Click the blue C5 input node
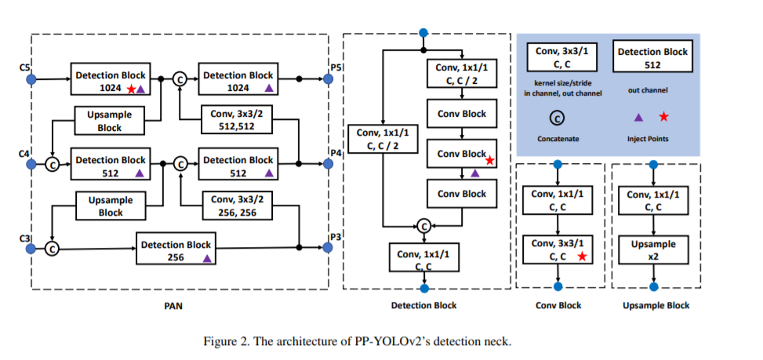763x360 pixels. (31, 79)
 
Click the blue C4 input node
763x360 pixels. (31, 164)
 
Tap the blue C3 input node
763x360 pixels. (31, 248)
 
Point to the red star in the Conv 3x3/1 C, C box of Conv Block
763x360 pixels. (581, 256)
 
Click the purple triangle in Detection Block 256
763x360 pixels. (206, 257)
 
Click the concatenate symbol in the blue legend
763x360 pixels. (557, 118)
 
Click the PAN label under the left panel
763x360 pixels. (173, 306)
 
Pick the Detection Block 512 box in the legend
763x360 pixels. (652, 58)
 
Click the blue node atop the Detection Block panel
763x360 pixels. (423, 33)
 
